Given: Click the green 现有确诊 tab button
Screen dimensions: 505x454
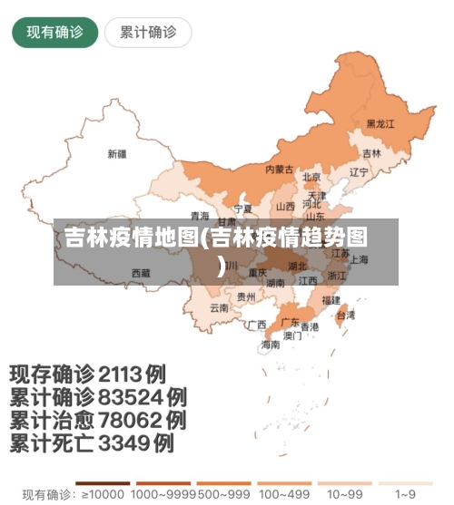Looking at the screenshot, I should (x=54, y=33).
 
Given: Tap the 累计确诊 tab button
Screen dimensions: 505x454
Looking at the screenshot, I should (x=148, y=33).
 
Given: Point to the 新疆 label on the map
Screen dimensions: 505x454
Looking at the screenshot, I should (x=118, y=153).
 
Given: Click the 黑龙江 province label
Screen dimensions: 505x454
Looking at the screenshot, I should (x=380, y=124).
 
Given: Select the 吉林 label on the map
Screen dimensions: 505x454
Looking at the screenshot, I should (x=371, y=153).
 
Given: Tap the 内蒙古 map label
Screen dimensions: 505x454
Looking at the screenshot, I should (x=279, y=170).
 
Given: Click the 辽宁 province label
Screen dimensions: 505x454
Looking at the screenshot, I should (x=359, y=172).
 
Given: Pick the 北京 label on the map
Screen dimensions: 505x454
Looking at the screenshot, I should (x=311, y=178).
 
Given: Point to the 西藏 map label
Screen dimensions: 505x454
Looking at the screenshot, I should (x=141, y=272).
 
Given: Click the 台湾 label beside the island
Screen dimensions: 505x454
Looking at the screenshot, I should (x=346, y=316).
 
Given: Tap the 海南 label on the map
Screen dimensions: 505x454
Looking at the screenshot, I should (x=271, y=345).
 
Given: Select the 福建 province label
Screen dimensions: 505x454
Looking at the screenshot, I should (x=330, y=299).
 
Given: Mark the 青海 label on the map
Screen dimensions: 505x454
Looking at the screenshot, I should (x=200, y=216).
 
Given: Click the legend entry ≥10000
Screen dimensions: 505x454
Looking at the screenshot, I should (x=102, y=495).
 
